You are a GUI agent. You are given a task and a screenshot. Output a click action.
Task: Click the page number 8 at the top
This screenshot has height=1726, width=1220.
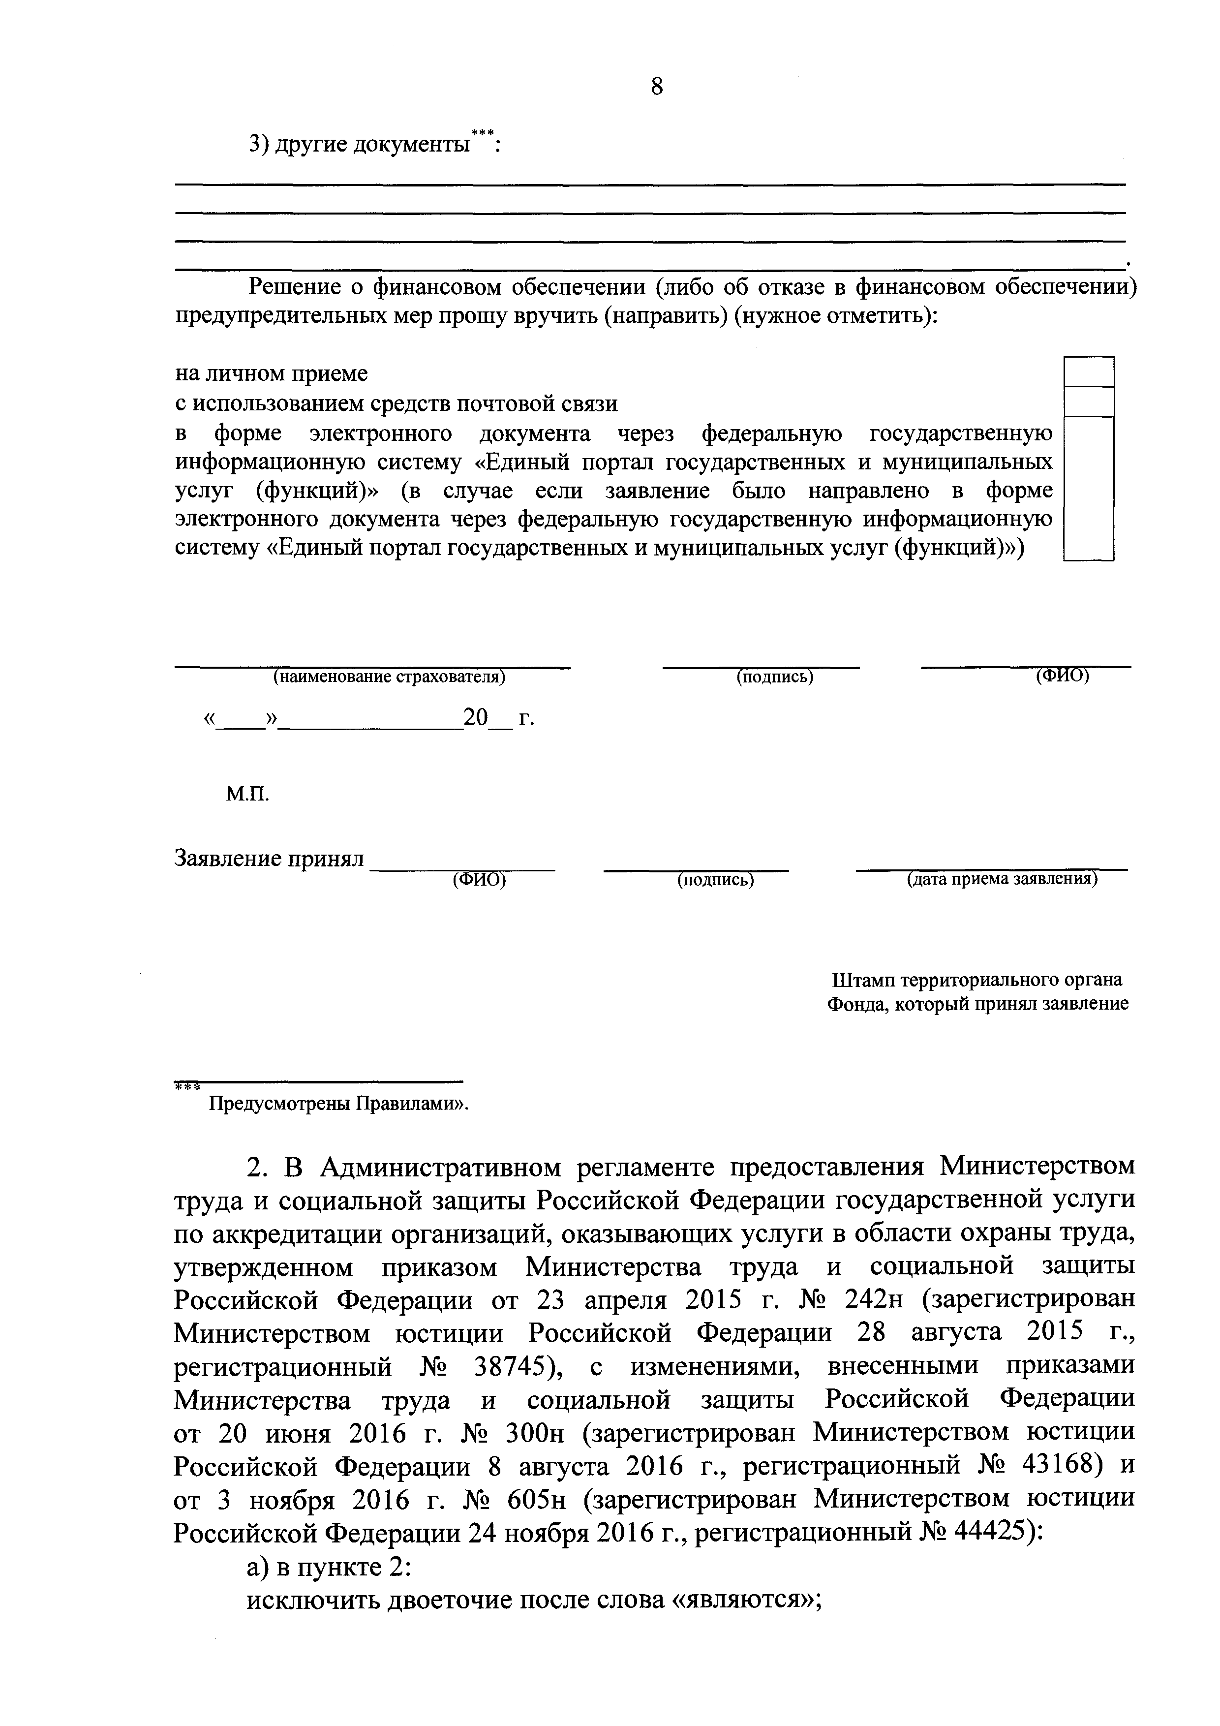coord(657,87)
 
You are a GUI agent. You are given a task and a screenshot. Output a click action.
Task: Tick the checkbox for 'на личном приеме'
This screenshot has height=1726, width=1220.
coord(1089,372)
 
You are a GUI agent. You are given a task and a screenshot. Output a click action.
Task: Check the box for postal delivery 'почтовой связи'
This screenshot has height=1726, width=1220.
coord(1089,402)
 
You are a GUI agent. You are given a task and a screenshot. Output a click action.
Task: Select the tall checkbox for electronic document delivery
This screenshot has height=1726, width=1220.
coord(1089,489)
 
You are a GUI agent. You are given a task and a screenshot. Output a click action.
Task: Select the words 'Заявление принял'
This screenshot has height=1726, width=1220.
coord(269,859)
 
